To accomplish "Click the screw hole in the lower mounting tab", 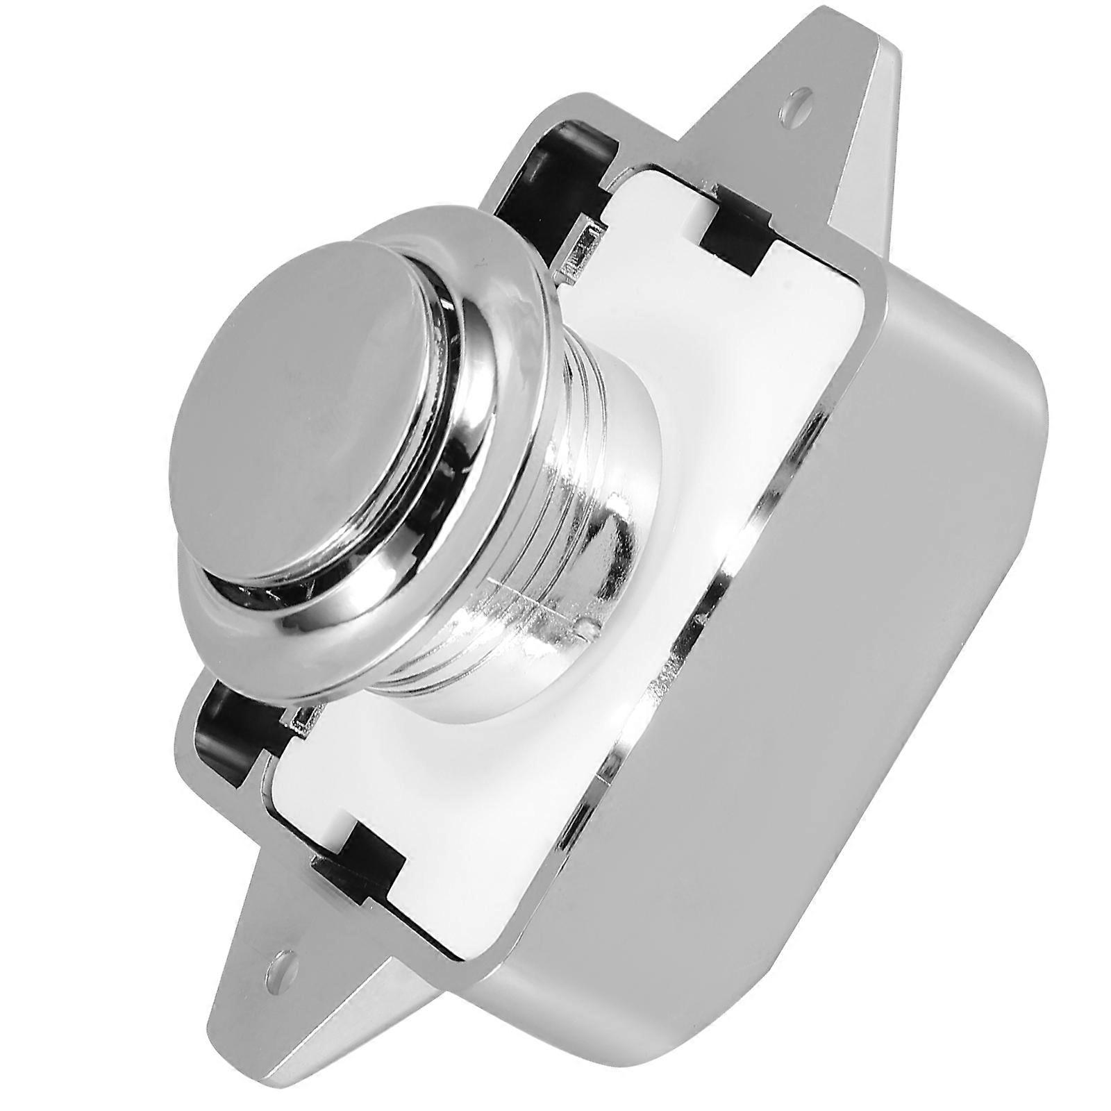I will point(281,964).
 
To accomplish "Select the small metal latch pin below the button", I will point(302,729).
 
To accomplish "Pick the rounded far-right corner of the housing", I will point(1028,431).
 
